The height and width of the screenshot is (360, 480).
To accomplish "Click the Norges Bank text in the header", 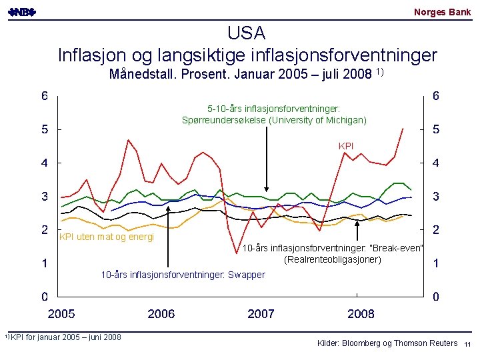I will (x=442, y=12).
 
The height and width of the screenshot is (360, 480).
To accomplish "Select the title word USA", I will (x=246, y=33).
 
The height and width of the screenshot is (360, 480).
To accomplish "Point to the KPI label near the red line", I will (x=346, y=145).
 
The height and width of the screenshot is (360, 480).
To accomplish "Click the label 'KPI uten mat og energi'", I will (x=107, y=237).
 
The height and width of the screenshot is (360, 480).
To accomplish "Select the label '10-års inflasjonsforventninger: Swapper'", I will (x=182, y=275).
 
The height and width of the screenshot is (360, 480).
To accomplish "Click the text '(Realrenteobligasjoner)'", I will (x=333, y=259).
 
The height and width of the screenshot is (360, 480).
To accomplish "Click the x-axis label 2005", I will (x=61, y=313).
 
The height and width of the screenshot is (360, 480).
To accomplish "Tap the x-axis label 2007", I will (x=261, y=313).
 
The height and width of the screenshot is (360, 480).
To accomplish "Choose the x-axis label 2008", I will (x=361, y=313).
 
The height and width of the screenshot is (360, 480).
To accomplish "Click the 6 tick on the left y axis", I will (x=44, y=95).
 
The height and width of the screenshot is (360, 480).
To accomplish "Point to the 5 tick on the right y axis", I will (x=435, y=129).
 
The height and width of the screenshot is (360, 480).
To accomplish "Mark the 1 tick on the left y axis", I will (x=44, y=263).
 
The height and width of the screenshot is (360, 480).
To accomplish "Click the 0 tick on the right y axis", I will (x=435, y=296).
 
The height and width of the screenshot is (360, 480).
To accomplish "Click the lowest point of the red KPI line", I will (x=237, y=253).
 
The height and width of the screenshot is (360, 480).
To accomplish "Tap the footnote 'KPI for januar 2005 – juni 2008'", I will (x=65, y=337).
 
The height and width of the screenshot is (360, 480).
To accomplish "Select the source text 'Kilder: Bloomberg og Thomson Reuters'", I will (x=387, y=343).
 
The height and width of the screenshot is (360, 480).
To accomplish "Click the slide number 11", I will (x=467, y=343).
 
